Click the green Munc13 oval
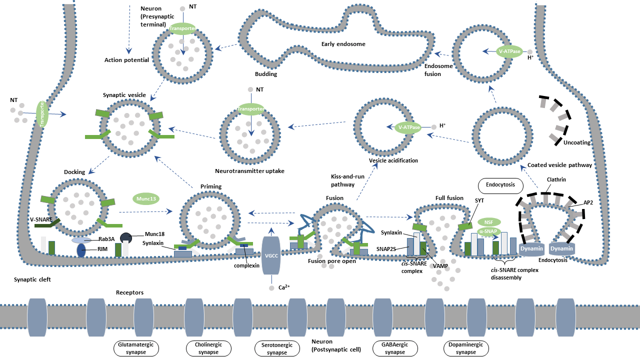[145, 198]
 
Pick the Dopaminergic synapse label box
[466, 348]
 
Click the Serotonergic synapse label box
[277, 348]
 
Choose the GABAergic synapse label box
[395, 348]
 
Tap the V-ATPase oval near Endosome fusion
[510, 51]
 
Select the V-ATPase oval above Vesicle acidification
[409, 127]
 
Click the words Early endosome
[343, 44]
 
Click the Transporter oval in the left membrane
[43, 113]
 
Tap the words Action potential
[126, 60]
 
